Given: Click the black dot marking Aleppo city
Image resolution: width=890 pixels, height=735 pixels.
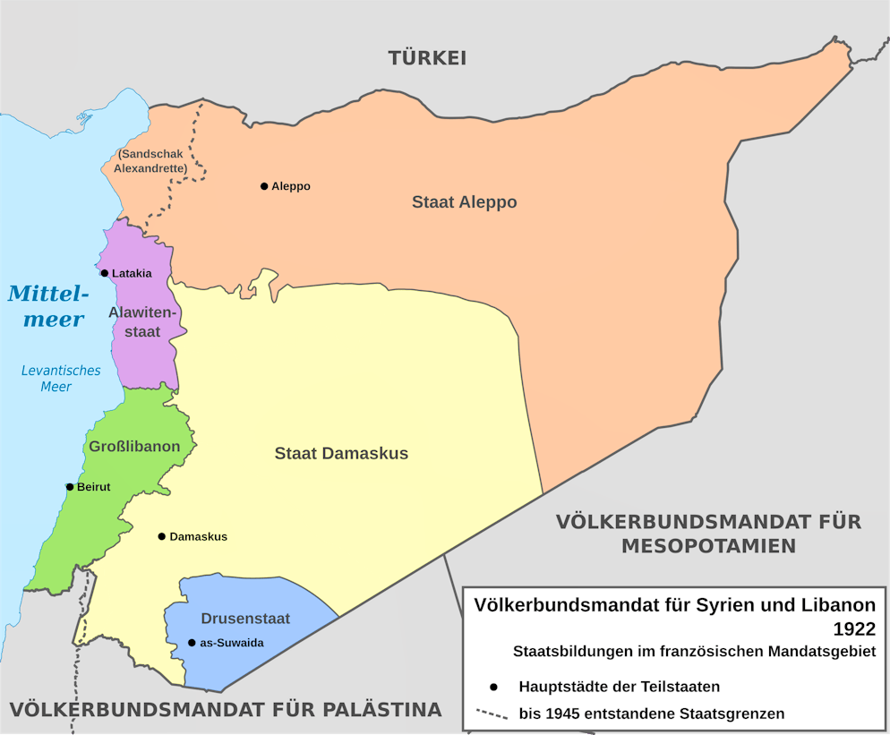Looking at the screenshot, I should click(264, 186).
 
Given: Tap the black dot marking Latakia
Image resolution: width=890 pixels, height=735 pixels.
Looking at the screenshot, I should click(105, 273).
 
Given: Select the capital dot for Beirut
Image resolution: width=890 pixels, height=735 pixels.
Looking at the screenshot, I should click(70, 487).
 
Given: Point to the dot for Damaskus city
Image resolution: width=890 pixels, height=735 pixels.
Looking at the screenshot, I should click(162, 537).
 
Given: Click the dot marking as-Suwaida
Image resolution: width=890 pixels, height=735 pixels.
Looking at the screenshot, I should click(192, 643).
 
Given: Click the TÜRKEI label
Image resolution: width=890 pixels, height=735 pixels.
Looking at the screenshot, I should click(427, 58).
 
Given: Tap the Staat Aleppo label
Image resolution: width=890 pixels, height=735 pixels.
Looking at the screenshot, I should click(464, 202).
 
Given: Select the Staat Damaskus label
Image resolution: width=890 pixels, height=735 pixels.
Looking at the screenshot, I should click(341, 454).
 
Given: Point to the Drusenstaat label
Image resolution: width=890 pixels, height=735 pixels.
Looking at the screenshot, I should click(233, 619).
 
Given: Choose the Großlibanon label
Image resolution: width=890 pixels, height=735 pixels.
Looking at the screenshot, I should click(135, 447).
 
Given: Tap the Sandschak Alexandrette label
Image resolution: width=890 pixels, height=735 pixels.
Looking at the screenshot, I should click(150, 161).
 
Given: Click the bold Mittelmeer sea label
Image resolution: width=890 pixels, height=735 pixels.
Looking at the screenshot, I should click(48, 305).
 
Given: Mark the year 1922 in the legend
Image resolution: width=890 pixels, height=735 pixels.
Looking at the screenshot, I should click(853, 628).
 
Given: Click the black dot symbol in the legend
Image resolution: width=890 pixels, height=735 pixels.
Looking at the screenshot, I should click(492, 688).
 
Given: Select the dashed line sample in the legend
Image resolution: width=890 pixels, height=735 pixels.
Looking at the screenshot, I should click(492, 714).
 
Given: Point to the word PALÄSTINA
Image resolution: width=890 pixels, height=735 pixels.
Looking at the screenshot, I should click(376, 710).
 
